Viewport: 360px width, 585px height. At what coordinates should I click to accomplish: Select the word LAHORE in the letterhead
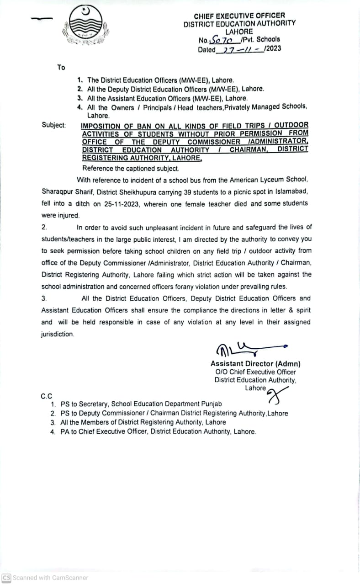click(239, 32)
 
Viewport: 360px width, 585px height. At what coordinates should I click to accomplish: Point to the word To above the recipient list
click(61, 68)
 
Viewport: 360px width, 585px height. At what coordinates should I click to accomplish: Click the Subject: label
click(54, 125)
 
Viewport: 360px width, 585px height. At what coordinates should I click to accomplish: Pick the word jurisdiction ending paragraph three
click(57, 335)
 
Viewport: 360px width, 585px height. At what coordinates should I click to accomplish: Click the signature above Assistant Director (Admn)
click(249, 350)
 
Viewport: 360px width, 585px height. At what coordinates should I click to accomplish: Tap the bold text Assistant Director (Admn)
click(255, 364)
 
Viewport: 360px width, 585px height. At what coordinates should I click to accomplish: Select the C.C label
click(46, 396)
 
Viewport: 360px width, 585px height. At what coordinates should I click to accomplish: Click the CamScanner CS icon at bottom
click(6, 578)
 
